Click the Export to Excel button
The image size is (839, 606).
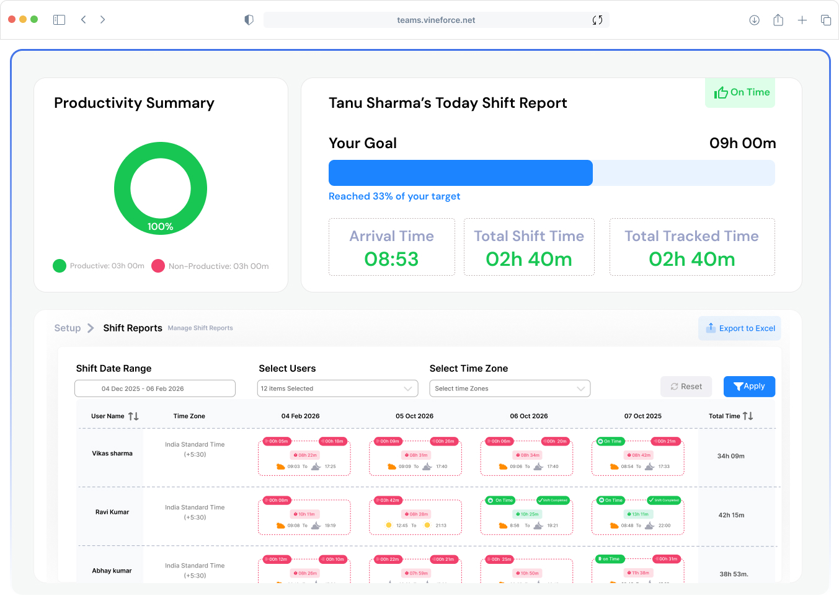[x=740, y=328]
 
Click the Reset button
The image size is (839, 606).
[x=686, y=387]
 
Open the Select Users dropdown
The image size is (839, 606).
[x=337, y=389]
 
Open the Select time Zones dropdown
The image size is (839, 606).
[x=509, y=389]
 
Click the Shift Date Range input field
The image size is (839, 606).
[x=155, y=389]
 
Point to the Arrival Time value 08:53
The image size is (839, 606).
[x=391, y=259]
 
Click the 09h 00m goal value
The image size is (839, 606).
[x=742, y=144]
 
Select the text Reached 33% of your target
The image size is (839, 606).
[x=394, y=196]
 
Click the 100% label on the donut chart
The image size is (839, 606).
[x=160, y=227]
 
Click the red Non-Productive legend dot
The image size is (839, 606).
[x=158, y=266]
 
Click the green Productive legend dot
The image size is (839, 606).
[x=60, y=266]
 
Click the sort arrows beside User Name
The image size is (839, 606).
[x=133, y=416]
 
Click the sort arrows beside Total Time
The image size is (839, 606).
[x=748, y=416]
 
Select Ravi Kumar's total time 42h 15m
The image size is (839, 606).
[x=731, y=515]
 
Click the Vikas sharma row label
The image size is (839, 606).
[x=112, y=454]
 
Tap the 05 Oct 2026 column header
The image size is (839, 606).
[x=414, y=416]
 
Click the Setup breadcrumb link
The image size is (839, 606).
[x=68, y=328]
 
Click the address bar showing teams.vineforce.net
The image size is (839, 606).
[x=436, y=20]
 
